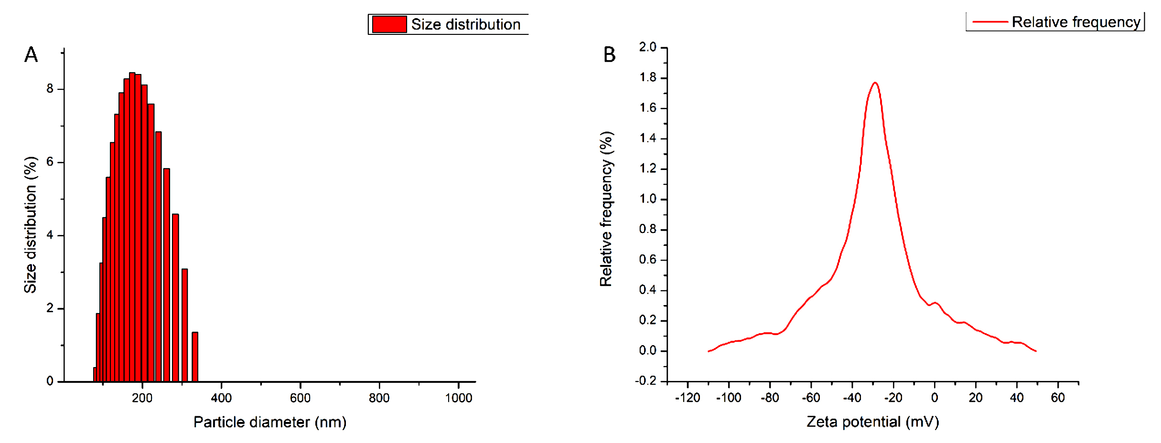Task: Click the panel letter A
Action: [31, 55]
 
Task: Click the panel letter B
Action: [609, 55]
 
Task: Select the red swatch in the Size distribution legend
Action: [389, 24]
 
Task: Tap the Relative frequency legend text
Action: [1076, 22]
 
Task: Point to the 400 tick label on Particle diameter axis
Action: [221, 398]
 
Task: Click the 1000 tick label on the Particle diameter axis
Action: [459, 398]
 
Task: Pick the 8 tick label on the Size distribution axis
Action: [50, 89]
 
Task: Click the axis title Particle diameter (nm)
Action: [270, 422]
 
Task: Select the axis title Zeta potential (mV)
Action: [872, 422]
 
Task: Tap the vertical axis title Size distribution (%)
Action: [31, 224]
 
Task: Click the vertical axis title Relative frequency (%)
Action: [606, 209]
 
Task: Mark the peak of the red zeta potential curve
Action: [875, 83]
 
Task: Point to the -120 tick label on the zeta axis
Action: [688, 398]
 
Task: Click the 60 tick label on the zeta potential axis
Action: [1058, 398]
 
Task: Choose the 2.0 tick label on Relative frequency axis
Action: [648, 47]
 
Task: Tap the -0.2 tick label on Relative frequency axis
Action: [645, 381]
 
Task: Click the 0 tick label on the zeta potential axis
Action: [935, 398]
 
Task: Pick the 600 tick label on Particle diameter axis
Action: [301, 398]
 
